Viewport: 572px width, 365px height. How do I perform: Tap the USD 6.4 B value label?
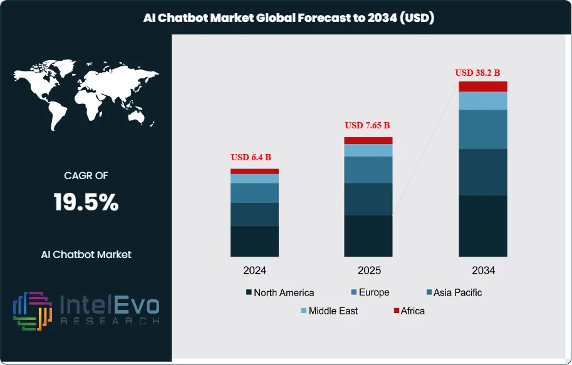[x=251, y=157]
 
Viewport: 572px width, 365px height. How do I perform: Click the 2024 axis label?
[x=254, y=271]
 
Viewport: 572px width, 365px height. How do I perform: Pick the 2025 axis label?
[x=368, y=271]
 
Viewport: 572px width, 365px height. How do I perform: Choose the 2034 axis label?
[x=483, y=271]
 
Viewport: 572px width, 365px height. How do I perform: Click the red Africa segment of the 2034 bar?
[x=482, y=86]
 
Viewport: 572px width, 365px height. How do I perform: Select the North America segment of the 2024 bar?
[x=254, y=241]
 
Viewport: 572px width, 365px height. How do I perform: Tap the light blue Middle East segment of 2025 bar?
[x=368, y=150]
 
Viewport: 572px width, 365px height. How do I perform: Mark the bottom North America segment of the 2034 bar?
[x=482, y=225]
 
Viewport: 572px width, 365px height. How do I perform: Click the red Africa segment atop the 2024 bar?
[x=254, y=171]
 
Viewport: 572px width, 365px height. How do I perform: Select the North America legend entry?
[x=280, y=292]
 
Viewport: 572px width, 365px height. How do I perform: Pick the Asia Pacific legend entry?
[x=454, y=292]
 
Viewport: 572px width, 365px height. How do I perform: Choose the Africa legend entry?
[x=408, y=311]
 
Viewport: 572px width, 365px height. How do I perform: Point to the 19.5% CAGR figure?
[x=86, y=202]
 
